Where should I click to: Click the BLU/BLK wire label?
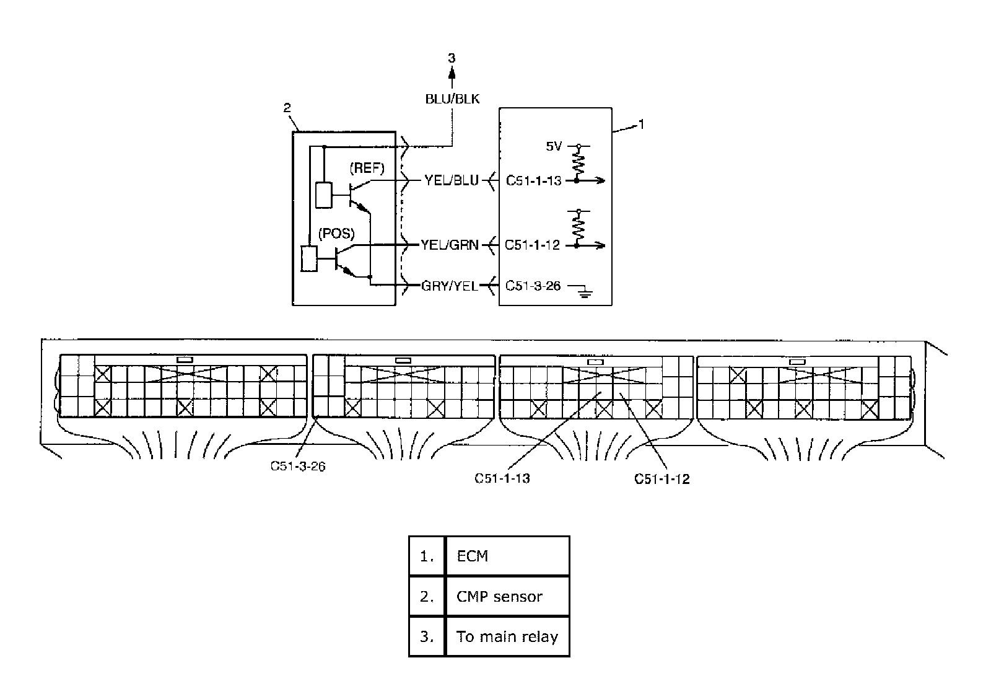coord(452,99)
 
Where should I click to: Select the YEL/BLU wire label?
coord(452,180)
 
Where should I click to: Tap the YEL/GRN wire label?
coord(450,245)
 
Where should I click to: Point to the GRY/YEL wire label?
coord(450,286)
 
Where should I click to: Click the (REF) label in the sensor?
coord(367,168)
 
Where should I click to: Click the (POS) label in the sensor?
coord(336,234)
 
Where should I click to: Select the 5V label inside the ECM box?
coord(554,147)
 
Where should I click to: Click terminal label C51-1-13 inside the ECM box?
coord(533,180)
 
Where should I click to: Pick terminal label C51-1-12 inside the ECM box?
coord(533,245)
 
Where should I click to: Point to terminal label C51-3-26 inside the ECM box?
coord(533,286)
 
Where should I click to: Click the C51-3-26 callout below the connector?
coord(298,466)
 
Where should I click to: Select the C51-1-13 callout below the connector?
coord(502,478)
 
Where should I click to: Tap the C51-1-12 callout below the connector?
coord(662,478)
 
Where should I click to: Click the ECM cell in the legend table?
coord(507,556)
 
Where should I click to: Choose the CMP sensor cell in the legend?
coord(507,596)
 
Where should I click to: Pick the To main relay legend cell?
coord(507,636)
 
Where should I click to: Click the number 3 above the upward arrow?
coord(452,58)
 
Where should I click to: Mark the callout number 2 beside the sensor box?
coord(287,108)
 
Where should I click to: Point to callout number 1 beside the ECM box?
coord(642,125)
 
